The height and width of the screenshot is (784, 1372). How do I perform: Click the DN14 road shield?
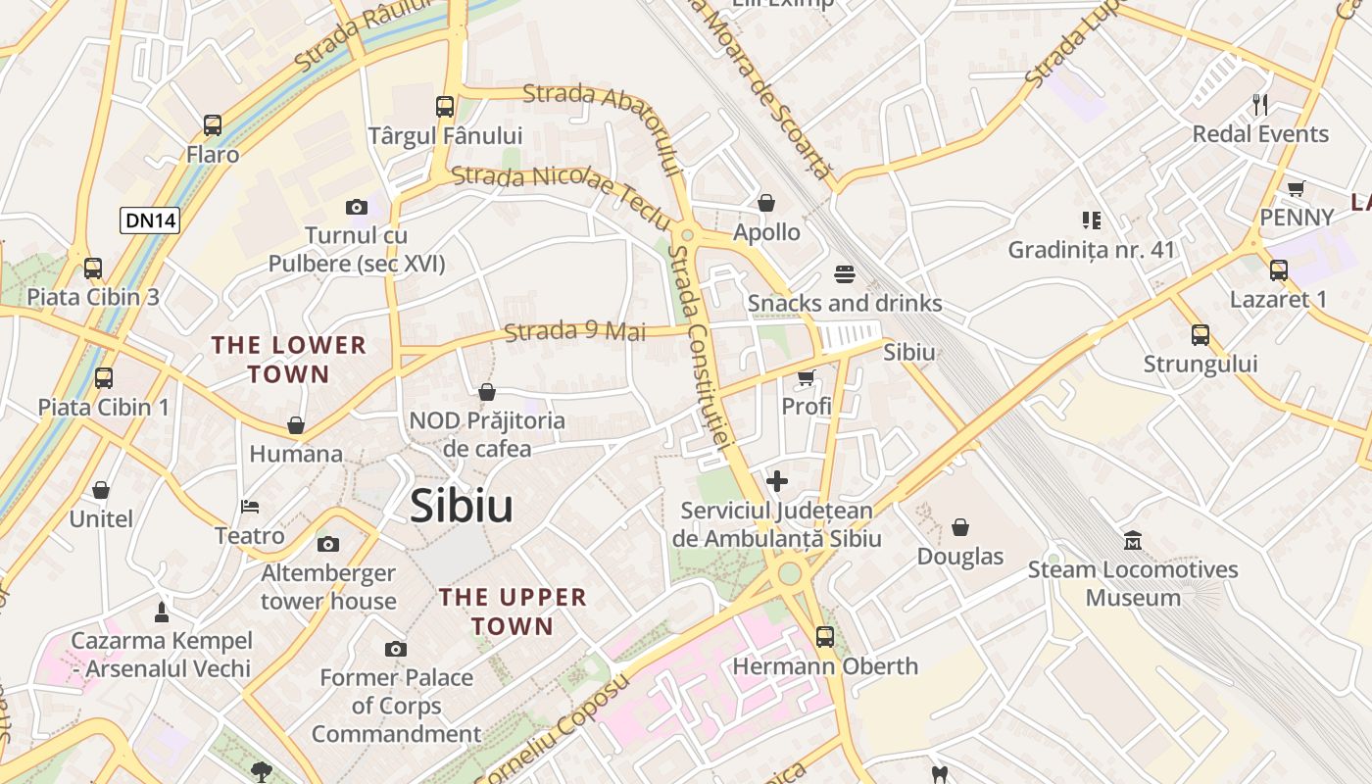point(150,220)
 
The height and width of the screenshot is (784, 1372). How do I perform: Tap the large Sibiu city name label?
point(462,506)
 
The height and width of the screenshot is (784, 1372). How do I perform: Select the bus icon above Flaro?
point(213,125)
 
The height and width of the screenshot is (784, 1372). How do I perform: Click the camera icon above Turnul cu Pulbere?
point(357,207)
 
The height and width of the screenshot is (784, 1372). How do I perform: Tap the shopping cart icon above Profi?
point(807,377)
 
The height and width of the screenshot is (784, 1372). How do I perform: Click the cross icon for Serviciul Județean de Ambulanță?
point(777,481)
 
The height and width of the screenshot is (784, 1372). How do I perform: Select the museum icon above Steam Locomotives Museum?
point(1133,541)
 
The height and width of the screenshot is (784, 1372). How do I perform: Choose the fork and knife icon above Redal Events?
point(1260,105)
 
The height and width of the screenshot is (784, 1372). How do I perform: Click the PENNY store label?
point(1297,218)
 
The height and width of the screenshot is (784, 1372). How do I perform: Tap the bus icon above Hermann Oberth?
point(825,637)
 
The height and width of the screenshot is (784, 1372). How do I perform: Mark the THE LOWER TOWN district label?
point(289,360)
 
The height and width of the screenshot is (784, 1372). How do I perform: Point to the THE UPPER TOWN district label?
point(513,612)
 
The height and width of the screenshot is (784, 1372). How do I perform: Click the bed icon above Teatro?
point(250,507)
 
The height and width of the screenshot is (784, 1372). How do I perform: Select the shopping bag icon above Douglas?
point(960,527)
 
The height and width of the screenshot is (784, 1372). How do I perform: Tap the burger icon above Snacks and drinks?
point(845,273)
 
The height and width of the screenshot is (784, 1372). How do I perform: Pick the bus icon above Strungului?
point(1200,335)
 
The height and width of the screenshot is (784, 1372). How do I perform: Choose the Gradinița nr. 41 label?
point(1091,250)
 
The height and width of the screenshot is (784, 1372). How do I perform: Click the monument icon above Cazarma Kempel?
point(162,612)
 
